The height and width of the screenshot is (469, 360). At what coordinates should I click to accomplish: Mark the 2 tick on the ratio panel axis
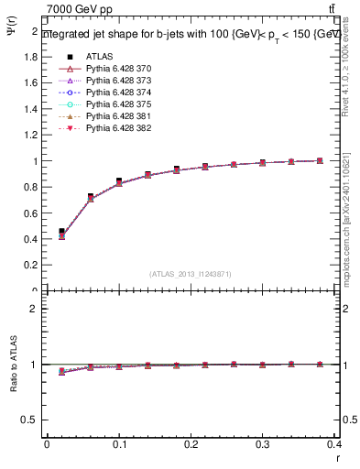[x=35, y=309]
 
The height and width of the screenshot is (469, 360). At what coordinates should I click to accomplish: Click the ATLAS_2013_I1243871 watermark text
[x=191, y=274]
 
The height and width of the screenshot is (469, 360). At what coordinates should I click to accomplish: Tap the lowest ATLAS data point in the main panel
[x=61, y=232]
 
